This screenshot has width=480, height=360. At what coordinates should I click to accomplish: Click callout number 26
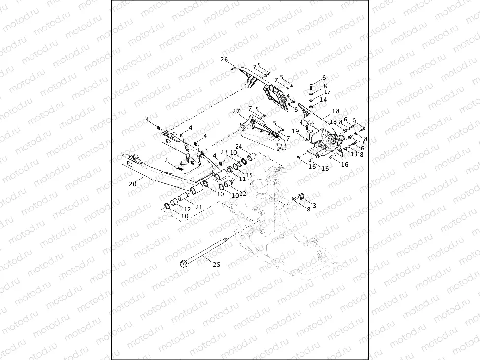[224, 60]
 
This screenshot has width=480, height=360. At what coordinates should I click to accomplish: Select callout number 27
[236, 111]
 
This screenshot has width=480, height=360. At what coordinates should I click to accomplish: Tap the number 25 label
[217, 264]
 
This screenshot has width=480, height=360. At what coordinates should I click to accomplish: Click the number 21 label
[199, 207]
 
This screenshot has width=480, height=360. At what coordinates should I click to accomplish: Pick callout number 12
[187, 210]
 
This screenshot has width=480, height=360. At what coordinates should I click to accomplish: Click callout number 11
[242, 179]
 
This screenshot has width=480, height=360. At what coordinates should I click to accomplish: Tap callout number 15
[249, 175]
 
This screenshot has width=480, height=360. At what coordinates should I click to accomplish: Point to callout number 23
[224, 152]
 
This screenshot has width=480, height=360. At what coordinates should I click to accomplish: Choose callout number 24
[239, 147]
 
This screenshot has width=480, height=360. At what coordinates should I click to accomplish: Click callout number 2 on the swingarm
[167, 160]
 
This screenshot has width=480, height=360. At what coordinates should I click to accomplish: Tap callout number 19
[295, 131]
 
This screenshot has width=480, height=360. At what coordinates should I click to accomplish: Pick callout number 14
[323, 100]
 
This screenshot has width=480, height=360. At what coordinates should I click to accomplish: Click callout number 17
[327, 92]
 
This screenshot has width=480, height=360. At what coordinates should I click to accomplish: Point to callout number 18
[336, 112]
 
